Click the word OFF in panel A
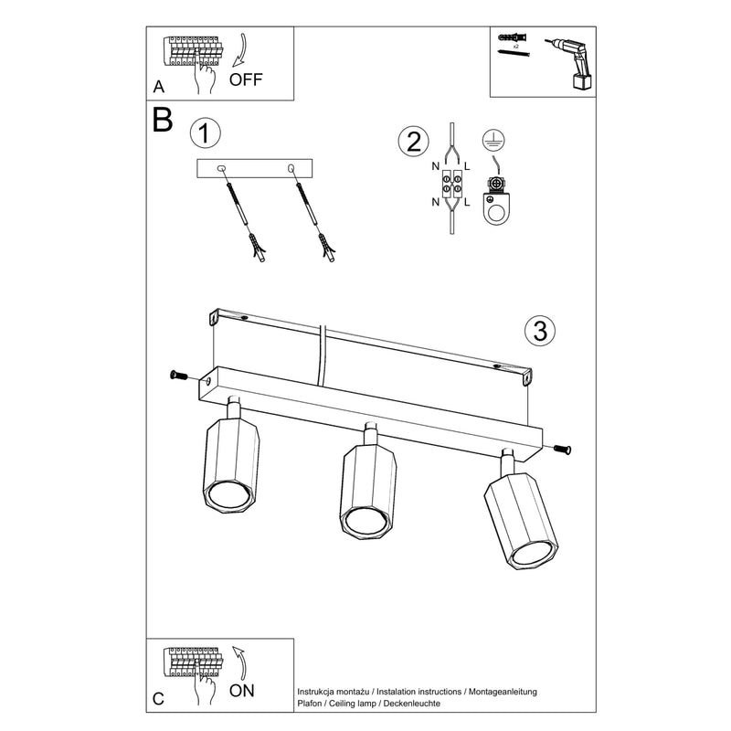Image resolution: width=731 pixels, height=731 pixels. [x=246, y=79]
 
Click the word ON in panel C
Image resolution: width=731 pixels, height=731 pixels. [x=242, y=691]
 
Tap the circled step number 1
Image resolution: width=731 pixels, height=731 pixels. [x=205, y=133]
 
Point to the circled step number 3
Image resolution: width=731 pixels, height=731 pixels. [x=539, y=331]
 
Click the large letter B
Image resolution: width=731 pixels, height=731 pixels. [x=164, y=121]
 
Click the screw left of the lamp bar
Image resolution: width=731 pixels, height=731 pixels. [x=178, y=375]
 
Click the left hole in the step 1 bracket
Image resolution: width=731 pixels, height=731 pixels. [x=222, y=168]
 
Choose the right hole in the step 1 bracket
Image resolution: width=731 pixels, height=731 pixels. [x=291, y=168]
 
